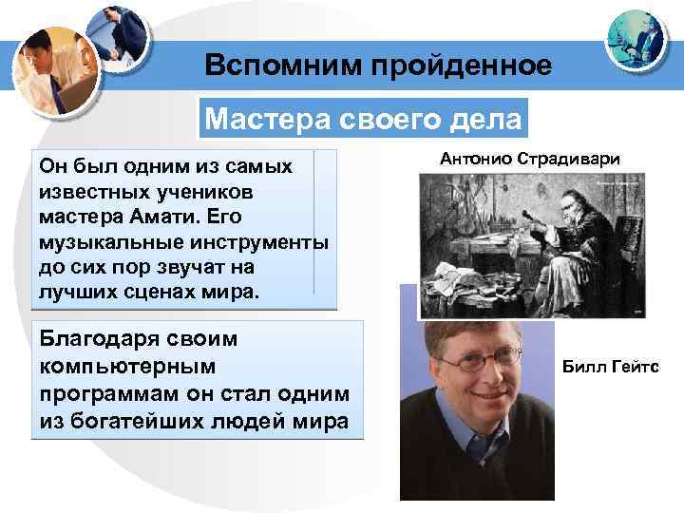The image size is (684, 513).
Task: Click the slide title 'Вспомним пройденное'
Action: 377,66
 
